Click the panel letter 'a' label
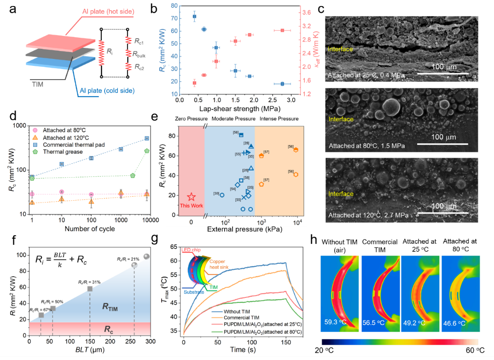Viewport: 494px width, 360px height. tap(14, 9)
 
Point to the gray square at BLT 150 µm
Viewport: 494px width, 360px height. tap(90, 289)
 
